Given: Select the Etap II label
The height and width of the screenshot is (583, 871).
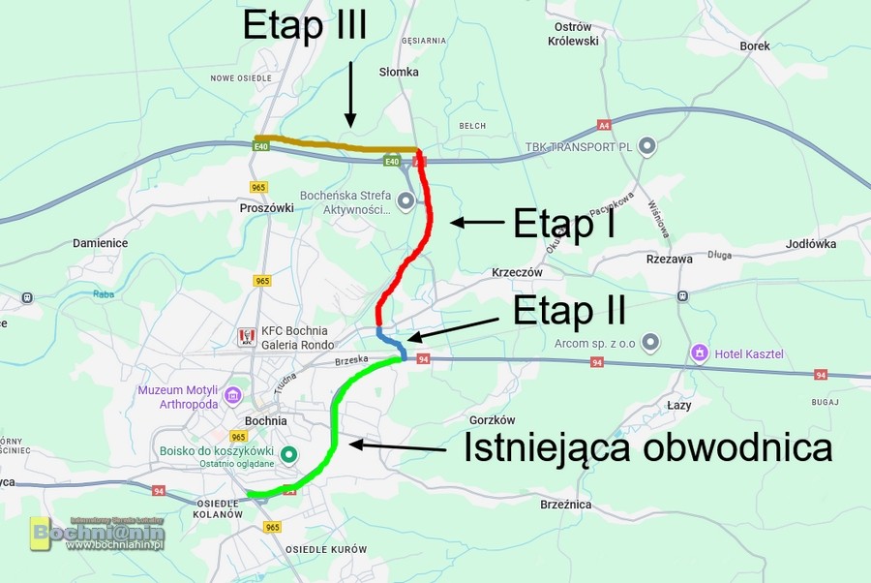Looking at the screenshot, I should (569, 311).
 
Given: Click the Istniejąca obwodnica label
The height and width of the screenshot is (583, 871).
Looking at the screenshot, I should (647, 447).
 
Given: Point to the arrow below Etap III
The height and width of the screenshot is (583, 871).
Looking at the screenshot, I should (350, 93).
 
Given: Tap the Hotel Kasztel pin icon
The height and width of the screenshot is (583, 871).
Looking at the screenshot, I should (699, 353).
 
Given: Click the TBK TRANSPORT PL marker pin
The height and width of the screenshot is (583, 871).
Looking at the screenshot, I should (647, 146).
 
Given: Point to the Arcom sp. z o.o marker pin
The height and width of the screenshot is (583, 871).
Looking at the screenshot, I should (651, 341).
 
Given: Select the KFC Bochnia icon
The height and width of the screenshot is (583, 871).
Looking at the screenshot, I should (245, 337).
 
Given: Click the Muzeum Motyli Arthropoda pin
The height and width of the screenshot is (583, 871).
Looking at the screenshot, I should (232, 395).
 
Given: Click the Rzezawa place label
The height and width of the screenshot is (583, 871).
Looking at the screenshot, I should (669, 259).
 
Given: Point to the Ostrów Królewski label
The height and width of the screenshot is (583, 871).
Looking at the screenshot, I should (574, 34).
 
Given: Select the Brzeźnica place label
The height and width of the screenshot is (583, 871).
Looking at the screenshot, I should (567, 504).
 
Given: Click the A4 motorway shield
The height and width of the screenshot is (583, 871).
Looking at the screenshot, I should (604, 125).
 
